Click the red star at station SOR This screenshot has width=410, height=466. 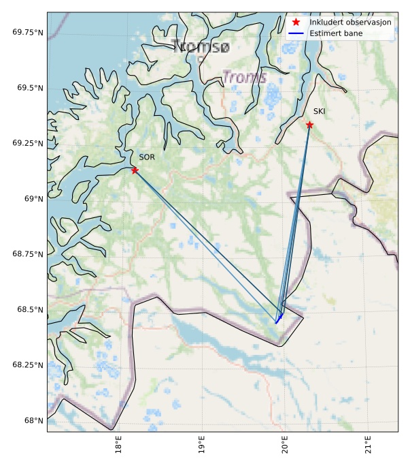135,170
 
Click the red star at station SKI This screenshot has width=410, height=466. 309,125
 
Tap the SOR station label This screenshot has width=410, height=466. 147,157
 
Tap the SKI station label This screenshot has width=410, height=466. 319,111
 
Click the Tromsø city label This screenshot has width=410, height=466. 201,47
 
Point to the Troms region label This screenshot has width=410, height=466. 245,77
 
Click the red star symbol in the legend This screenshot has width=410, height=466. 296,22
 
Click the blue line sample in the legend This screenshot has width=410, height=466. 296,33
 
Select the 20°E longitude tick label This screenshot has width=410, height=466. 285,446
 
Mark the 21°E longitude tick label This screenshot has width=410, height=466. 368,446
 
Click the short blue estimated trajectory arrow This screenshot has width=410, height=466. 279,315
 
